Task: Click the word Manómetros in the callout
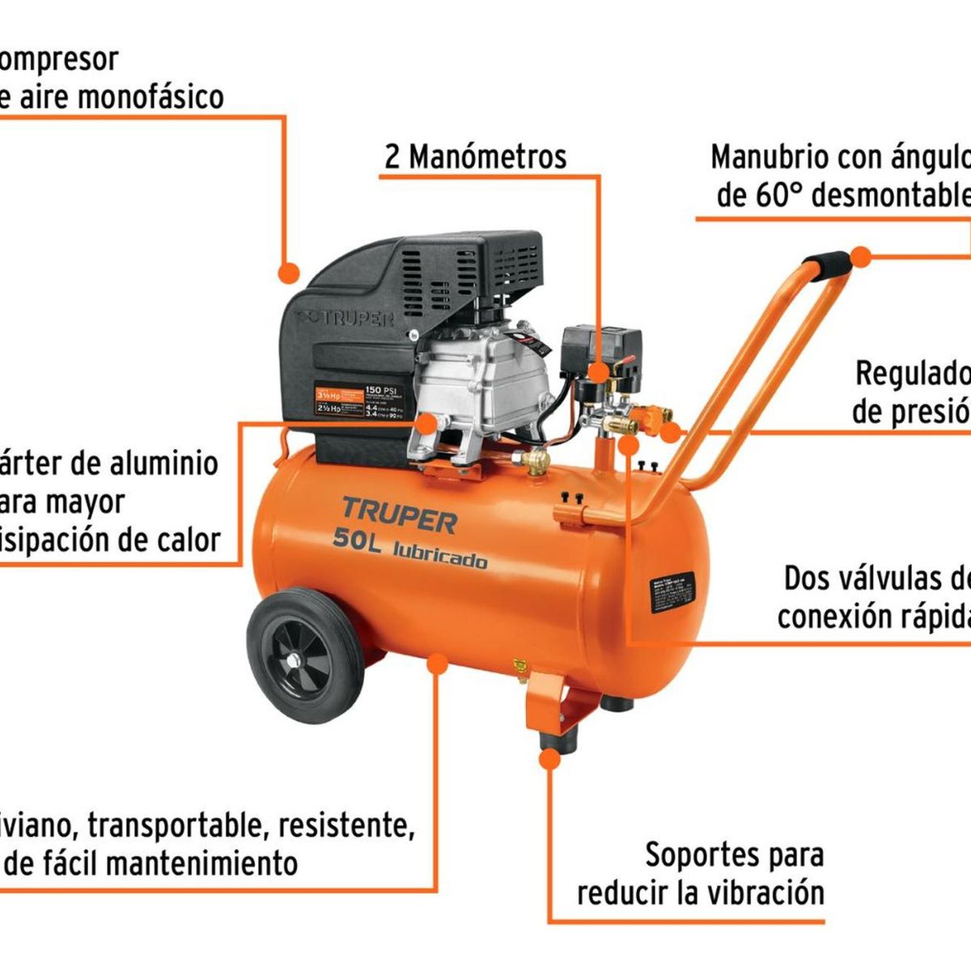click(x=487, y=156)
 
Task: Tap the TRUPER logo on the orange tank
click(x=399, y=515)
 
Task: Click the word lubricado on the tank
click(x=440, y=556)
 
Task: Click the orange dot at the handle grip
click(x=861, y=258)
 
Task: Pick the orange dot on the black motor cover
click(x=288, y=273)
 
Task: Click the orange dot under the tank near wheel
click(x=437, y=665)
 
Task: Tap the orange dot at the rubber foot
click(x=549, y=759)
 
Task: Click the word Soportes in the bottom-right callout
click(x=703, y=854)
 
